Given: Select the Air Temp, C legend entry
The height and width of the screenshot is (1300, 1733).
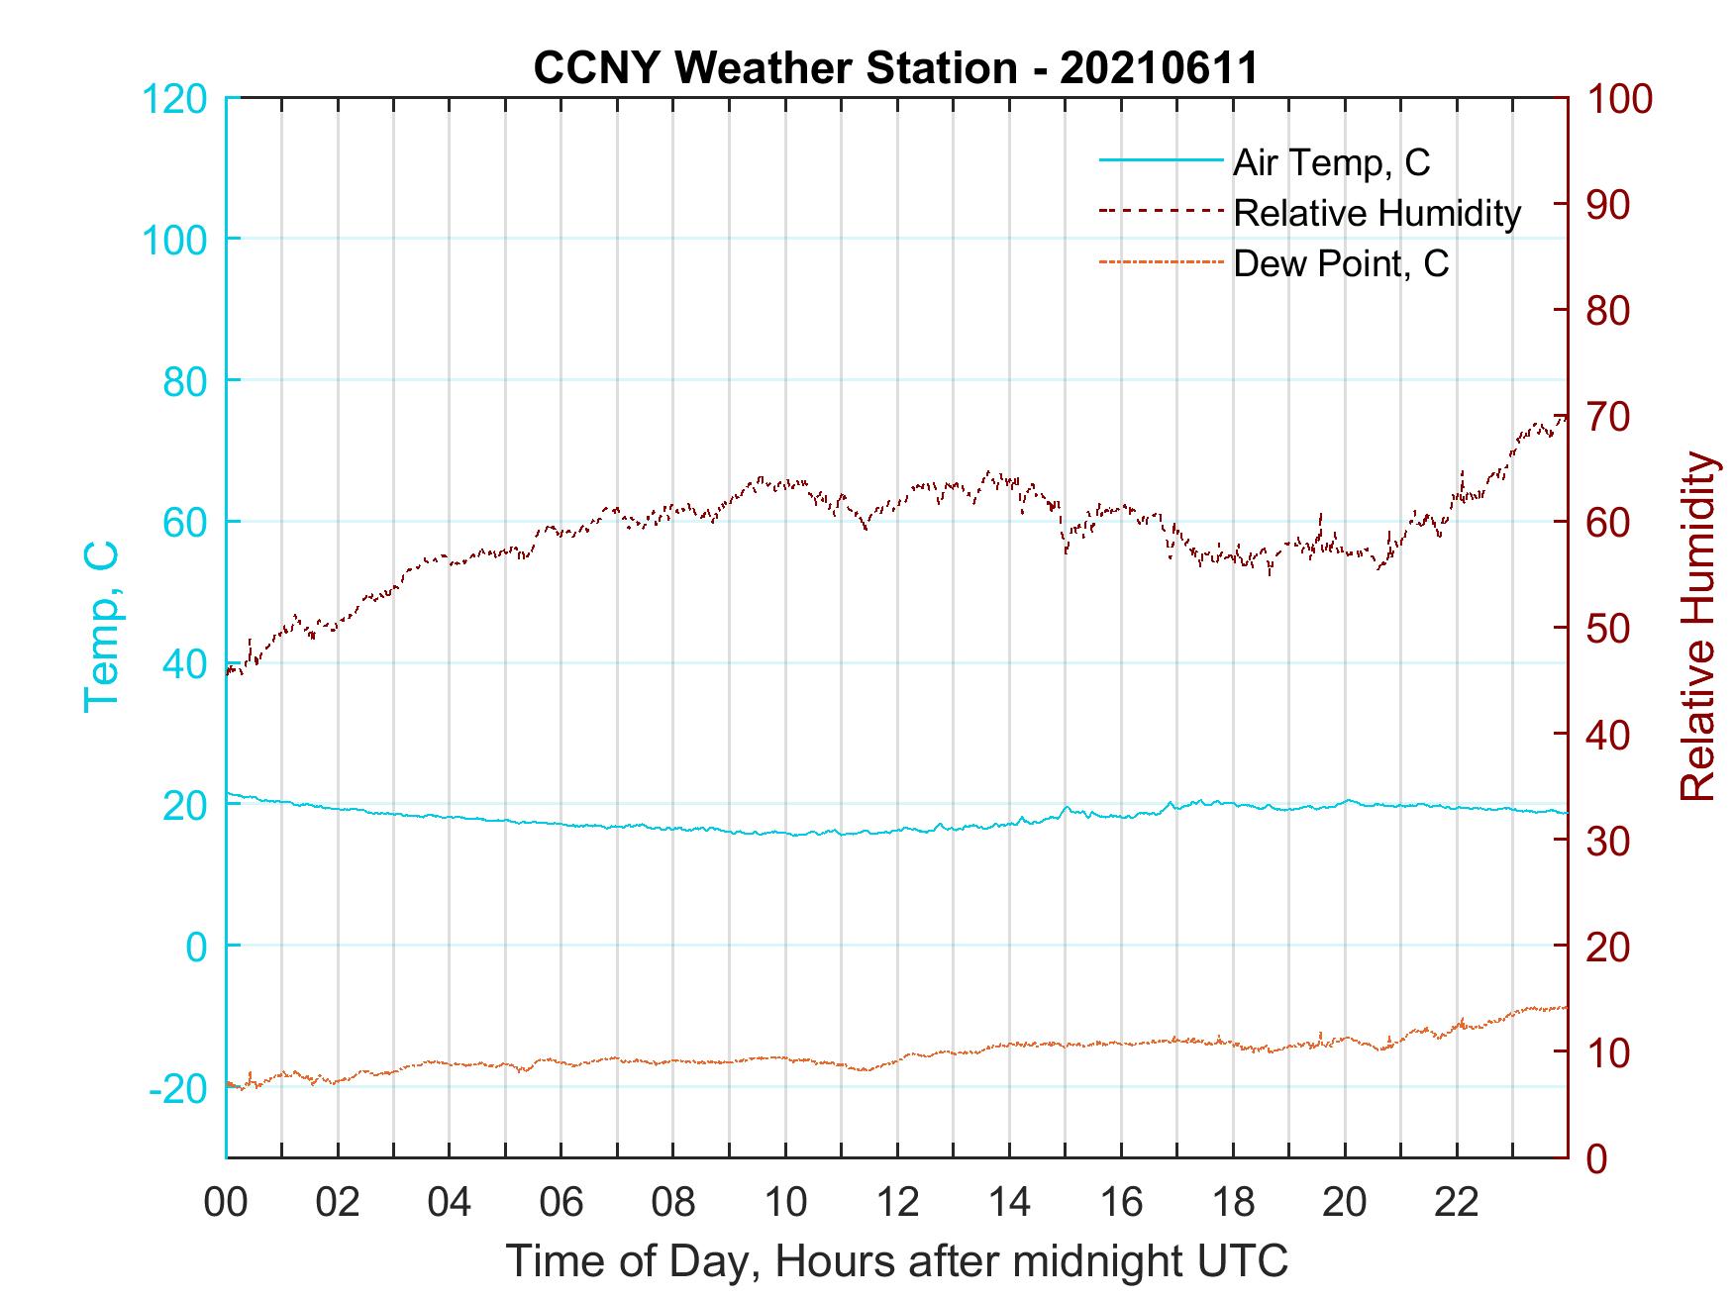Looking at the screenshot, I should click(x=1331, y=162).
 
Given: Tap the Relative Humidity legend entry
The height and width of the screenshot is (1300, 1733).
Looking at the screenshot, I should click(x=1376, y=213).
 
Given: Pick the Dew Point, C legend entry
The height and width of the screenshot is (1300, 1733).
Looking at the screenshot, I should click(x=1341, y=264).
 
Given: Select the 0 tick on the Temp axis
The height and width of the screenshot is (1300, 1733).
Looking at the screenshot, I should click(x=196, y=948).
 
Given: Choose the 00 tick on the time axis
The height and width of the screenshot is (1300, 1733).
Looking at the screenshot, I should click(x=226, y=1203).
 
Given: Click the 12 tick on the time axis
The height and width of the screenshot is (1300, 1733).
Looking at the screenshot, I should click(x=897, y=1203).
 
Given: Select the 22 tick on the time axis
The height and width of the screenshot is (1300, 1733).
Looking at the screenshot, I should click(x=1457, y=1203).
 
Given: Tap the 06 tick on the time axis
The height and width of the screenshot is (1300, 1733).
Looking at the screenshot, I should click(x=561, y=1203).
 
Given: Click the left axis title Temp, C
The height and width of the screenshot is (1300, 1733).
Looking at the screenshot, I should click(x=102, y=626).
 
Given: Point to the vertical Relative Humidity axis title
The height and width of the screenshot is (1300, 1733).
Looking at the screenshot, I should click(x=1698, y=627).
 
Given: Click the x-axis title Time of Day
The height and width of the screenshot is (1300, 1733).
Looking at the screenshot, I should click(x=897, y=1261).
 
